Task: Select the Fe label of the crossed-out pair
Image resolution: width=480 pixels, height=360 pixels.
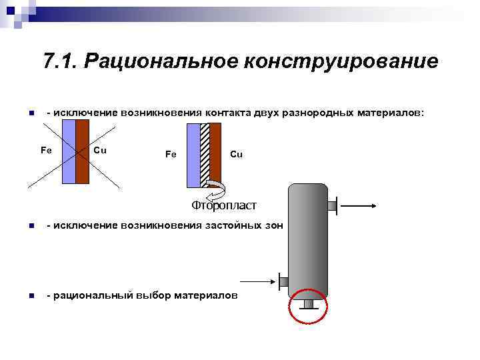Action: tap(46, 149)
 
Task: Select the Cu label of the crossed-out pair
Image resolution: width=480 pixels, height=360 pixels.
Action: tap(100, 149)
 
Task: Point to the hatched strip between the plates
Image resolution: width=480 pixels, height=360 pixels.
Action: tap(205, 154)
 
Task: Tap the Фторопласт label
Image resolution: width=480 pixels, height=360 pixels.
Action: tap(223, 204)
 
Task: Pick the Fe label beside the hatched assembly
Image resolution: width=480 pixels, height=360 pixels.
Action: tap(171, 154)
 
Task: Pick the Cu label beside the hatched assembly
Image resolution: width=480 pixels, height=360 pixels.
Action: tap(236, 154)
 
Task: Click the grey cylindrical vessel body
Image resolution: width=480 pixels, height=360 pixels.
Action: tap(307, 240)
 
